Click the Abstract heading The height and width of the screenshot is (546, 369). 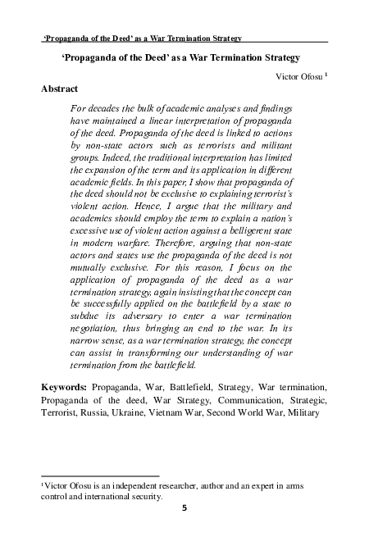click(x=60, y=89)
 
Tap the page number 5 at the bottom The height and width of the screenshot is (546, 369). click(x=184, y=507)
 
